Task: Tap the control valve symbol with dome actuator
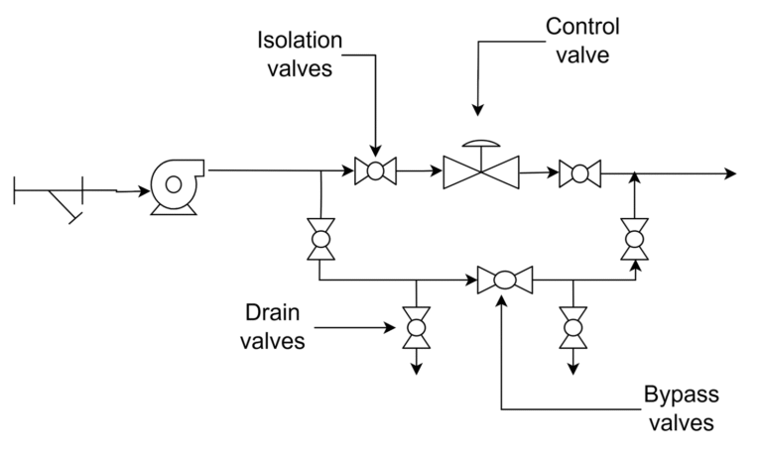coord(482,171)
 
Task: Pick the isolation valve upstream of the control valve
coord(375,171)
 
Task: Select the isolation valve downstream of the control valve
coord(578,172)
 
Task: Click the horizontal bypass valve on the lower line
coord(504,281)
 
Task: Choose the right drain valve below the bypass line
coord(572,325)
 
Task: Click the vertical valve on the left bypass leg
coord(320,239)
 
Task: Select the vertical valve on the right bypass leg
coord(633,238)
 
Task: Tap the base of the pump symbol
coord(175,209)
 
